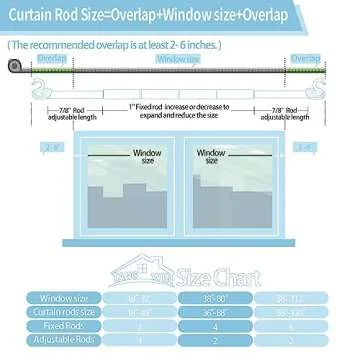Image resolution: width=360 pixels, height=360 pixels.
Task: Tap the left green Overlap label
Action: tap(51, 60)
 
